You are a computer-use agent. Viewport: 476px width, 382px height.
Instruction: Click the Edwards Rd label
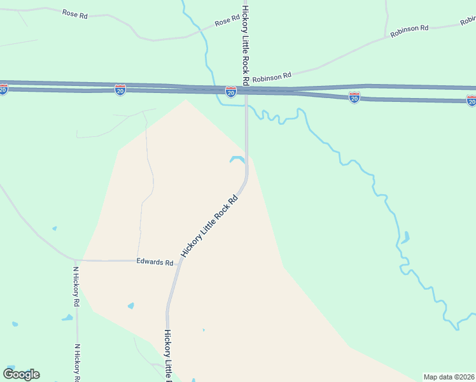click(155, 262)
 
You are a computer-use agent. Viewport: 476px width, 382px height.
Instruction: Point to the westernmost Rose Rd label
click(75, 13)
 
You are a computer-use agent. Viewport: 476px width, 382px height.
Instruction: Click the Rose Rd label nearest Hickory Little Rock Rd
click(227, 22)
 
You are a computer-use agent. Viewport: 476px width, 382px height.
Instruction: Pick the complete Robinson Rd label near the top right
click(410, 31)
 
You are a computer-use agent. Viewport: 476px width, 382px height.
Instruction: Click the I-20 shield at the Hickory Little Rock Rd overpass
click(231, 92)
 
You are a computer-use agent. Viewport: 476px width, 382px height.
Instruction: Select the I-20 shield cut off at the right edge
click(471, 101)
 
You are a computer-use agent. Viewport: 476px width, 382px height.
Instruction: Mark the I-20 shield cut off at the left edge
click(3, 90)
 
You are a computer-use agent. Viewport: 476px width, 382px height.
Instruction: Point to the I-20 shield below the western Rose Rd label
click(120, 90)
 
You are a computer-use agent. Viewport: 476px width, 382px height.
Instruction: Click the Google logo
click(21, 374)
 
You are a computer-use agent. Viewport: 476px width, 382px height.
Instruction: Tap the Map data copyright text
click(449, 377)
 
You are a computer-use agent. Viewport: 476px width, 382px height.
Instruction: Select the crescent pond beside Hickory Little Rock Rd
click(238, 160)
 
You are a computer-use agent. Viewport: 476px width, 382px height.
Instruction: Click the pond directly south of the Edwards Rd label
click(131, 306)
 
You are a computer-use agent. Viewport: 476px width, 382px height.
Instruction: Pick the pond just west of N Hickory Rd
click(67, 318)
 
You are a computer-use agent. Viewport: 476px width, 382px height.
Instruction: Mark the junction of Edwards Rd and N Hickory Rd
click(76, 260)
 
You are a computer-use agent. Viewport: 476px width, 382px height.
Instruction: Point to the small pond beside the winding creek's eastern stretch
click(405, 238)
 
